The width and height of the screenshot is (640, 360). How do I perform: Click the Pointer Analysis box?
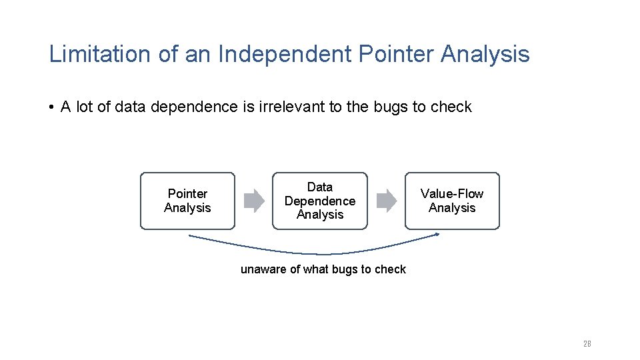(x=187, y=201)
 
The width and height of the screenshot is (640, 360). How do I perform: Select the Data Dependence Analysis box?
(x=320, y=201)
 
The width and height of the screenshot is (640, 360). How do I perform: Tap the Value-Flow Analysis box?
(x=452, y=201)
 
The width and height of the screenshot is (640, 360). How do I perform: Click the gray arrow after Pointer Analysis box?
(x=254, y=201)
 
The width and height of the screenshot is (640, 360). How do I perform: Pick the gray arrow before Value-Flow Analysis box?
(x=387, y=201)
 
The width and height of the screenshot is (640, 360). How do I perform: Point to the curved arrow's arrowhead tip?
(x=439, y=233)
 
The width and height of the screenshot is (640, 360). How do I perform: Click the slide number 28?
(x=587, y=344)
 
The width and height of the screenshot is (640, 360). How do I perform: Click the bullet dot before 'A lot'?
(x=51, y=107)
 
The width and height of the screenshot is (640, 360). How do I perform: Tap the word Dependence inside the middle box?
(x=320, y=201)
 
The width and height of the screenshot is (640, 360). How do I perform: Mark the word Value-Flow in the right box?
(x=452, y=193)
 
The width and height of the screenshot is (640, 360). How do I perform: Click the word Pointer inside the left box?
(x=187, y=193)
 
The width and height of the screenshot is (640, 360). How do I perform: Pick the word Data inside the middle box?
(x=320, y=187)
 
